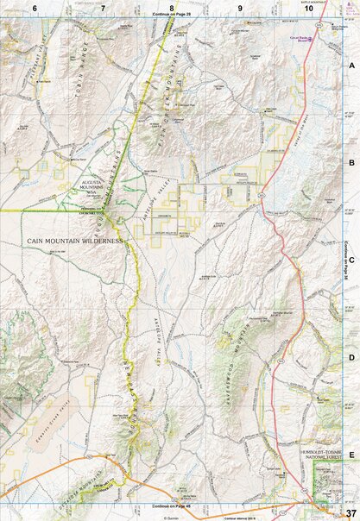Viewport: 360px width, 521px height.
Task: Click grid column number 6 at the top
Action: pyautogui.click(x=35, y=7)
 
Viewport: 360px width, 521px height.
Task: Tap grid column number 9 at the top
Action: pyautogui.click(x=240, y=7)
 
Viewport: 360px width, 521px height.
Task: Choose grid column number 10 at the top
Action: pyautogui.click(x=307, y=7)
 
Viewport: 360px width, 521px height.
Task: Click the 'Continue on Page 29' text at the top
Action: pyautogui.click(x=173, y=15)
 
